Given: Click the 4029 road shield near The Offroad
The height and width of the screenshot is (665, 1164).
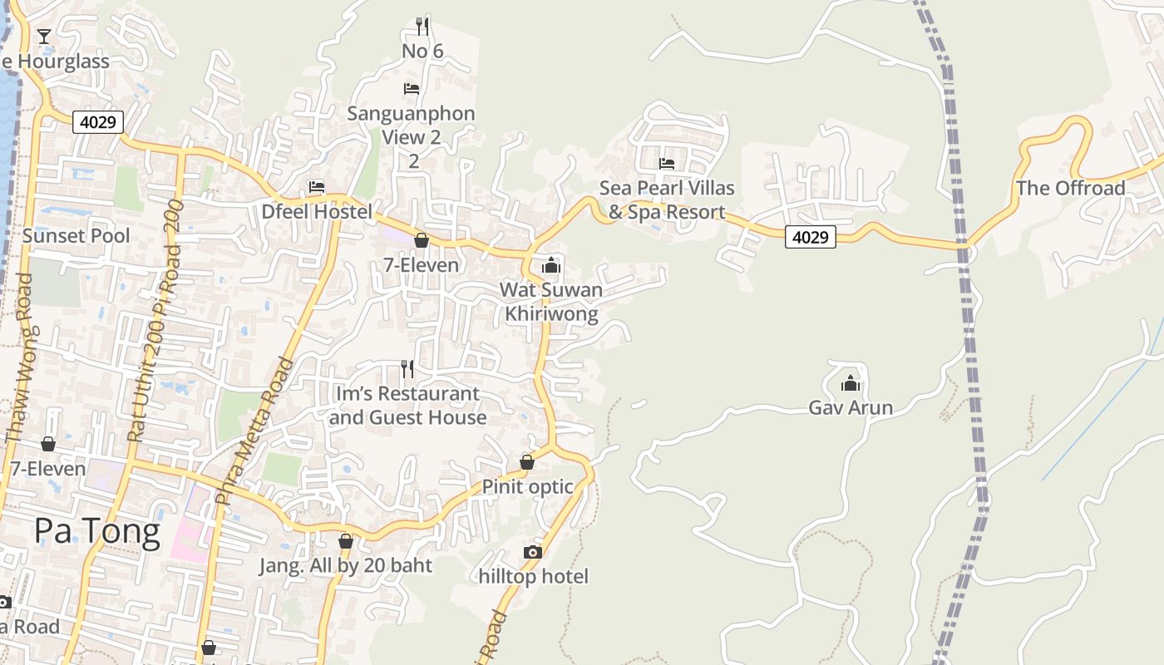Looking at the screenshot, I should click(x=810, y=238).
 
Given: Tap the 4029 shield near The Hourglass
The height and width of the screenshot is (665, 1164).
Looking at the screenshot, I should click(x=98, y=123).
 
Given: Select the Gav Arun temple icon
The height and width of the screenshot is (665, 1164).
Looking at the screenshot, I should click(x=851, y=383).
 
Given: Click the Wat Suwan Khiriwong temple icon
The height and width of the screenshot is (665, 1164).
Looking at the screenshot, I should click(x=550, y=265).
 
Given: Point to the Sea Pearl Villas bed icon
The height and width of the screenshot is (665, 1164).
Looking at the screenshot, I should click(x=667, y=163).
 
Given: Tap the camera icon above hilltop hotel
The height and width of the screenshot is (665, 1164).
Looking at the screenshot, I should click(x=533, y=552).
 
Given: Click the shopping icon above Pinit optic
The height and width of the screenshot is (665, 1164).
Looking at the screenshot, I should click(x=526, y=462).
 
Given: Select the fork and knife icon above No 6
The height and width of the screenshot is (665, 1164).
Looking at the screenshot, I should click(x=422, y=27).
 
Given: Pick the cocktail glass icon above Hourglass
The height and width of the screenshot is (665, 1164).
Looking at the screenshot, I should click(x=43, y=36).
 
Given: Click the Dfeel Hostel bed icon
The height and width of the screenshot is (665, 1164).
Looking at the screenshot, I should click(x=317, y=187).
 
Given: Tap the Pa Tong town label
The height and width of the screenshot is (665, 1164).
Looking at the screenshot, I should click(x=97, y=531).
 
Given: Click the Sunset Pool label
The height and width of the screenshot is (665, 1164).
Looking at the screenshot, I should click(x=76, y=236).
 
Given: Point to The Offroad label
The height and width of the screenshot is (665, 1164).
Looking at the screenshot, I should click(x=1071, y=188).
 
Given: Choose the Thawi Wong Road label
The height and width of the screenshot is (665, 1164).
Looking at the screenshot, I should click(x=17, y=357).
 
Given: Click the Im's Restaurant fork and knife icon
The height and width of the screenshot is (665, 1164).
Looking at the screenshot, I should click(x=407, y=368).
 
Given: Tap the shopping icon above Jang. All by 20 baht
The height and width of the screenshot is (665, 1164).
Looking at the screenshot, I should click(x=346, y=542).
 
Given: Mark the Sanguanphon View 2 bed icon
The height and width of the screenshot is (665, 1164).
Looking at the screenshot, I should click(x=412, y=88).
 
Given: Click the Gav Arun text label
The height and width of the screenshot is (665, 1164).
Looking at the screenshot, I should click(x=851, y=407).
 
